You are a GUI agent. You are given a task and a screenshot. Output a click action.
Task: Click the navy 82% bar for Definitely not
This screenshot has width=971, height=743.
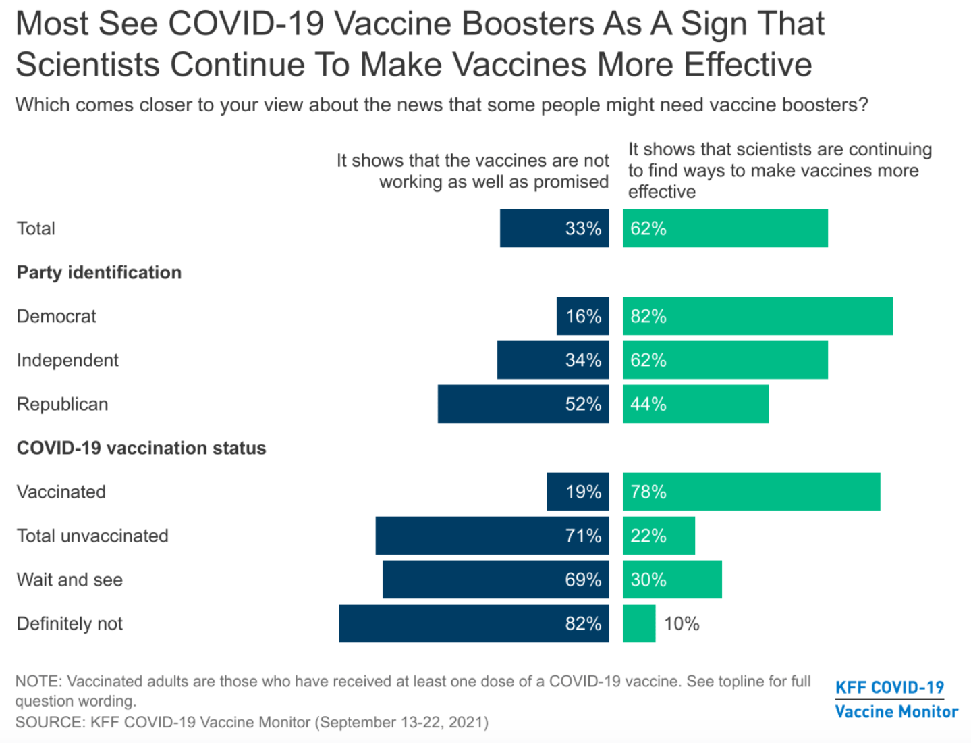(x=473, y=623)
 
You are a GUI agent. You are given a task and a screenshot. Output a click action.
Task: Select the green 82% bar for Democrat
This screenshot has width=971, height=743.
(x=757, y=316)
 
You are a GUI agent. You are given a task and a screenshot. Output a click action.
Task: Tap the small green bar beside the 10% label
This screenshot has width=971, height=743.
(x=638, y=623)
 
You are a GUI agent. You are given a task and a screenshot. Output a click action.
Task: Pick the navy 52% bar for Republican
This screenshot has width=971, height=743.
(x=523, y=404)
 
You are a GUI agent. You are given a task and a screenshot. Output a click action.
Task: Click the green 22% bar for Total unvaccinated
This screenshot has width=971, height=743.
(x=659, y=536)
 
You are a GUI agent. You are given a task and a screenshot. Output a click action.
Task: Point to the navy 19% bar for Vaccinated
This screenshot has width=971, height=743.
(x=578, y=492)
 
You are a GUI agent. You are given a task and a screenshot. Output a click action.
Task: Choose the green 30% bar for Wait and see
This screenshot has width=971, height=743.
(x=672, y=580)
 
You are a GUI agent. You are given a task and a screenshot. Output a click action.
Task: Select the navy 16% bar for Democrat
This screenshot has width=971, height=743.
(x=582, y=316)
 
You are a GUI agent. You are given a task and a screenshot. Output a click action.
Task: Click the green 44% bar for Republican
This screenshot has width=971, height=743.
(x=695, y=404)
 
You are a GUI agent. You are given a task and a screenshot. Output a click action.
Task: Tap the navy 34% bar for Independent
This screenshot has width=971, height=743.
(x=553, y=360)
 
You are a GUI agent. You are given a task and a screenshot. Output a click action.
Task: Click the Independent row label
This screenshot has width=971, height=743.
(x=67, y=360)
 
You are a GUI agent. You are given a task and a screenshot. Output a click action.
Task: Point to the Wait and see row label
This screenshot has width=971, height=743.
(x=70, y=580)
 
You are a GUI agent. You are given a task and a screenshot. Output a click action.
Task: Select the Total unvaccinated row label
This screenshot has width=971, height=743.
(x=92, y=536)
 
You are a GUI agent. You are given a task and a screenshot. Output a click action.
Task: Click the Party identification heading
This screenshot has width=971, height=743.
(x=99, y=272)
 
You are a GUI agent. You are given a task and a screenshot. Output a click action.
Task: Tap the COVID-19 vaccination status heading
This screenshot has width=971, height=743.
(x=141, y=448)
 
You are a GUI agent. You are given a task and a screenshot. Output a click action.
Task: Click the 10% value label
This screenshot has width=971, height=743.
(x=682, y=623)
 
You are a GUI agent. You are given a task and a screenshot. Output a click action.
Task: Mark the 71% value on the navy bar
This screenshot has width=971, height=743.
(x=583, y=536)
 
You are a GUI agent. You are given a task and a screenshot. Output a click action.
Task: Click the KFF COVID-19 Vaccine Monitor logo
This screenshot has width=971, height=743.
(x=896, y=699)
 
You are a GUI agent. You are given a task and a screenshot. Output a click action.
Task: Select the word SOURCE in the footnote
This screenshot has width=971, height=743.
(x=49, y=722)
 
